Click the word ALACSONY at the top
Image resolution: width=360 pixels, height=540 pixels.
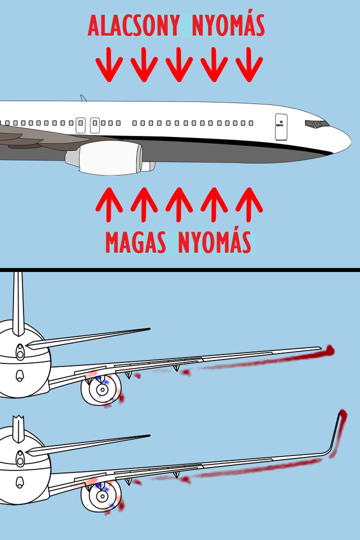click(134, 26)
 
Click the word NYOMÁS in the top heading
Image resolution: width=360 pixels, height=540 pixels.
click(228, 26)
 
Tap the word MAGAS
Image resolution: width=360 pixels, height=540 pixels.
click(135, 242)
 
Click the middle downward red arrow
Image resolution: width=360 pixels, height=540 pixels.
click(179, 64)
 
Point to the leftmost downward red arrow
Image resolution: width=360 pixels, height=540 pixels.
click(109, 64)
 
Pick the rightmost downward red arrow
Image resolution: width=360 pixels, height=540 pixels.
click(249, 64)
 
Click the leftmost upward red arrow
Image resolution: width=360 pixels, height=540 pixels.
click(109, 205)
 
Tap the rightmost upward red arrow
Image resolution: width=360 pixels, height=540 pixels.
click(249, 205)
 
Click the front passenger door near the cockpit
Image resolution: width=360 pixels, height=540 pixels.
click(281, 127)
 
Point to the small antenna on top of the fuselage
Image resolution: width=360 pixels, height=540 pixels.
click(83, 98)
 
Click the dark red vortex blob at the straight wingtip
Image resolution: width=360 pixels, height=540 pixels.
click(329, 351)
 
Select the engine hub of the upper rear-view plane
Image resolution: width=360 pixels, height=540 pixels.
click(102, 390)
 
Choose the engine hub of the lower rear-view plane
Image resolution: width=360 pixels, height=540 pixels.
click(102, 496)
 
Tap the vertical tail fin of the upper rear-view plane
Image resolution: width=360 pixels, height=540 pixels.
click(18, 304)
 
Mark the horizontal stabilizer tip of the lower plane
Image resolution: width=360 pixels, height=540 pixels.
click(149, 436)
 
